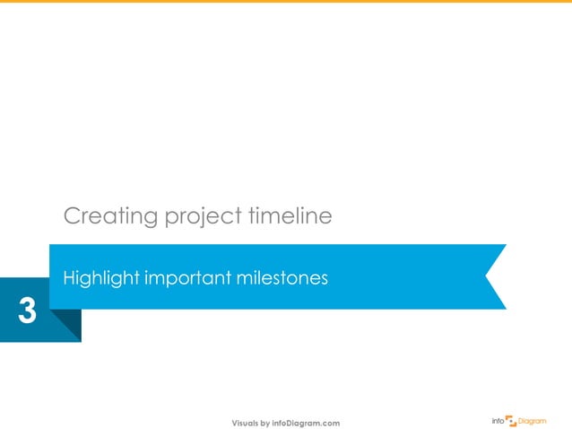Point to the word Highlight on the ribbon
(x=98, y=279)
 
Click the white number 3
(x=27, y=312)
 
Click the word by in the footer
(x=266, y=423)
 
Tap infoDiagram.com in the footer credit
(x=306, y=423)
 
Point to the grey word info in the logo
(x=498, y=420)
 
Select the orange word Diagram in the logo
(x=533, y=420)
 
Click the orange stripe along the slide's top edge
(x=286, y=2)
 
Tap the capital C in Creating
(x=71, y=216)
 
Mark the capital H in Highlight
(x=67, y=279)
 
